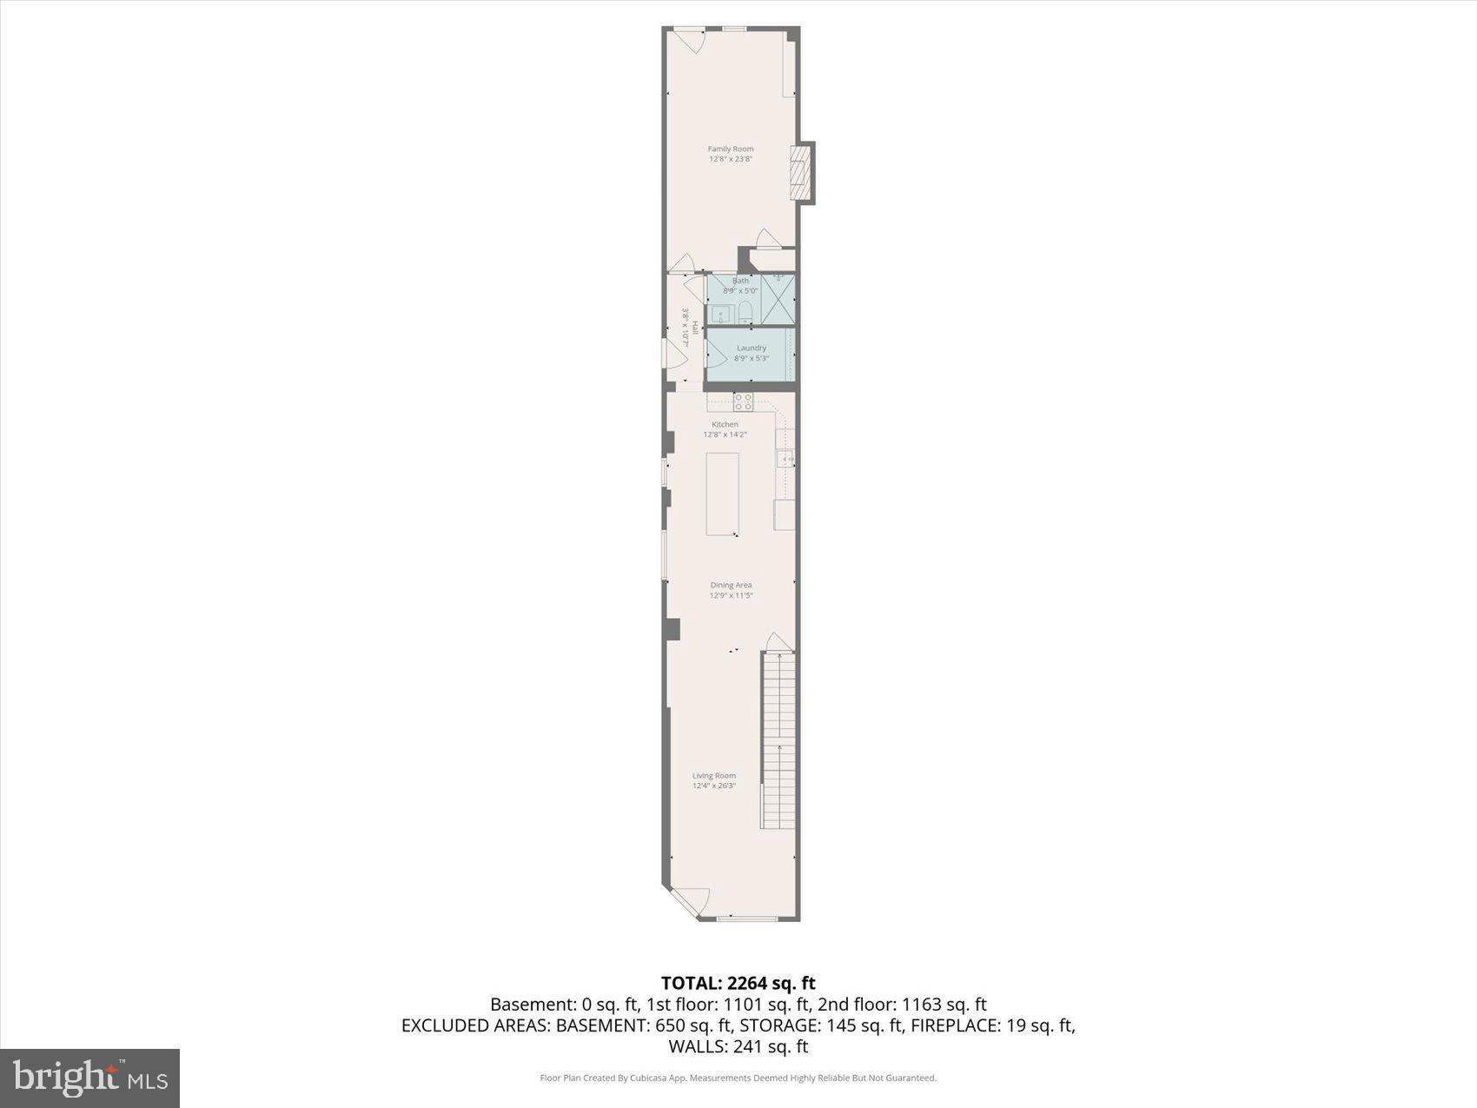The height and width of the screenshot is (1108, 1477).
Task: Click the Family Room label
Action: tap(731, 154)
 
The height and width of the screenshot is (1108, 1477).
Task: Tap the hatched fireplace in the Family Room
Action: tap(799, 173)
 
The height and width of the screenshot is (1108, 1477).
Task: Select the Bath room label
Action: tap(740, 285)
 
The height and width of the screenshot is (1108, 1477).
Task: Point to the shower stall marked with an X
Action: tap(778, 300)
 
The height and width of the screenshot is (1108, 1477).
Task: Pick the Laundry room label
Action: tap(752, 353)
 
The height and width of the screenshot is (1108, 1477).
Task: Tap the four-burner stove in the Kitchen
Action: tap(743, 401)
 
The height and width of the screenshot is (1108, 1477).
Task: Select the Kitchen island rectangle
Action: tap(722, 494)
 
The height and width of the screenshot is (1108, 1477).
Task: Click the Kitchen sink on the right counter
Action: tap(786, 458)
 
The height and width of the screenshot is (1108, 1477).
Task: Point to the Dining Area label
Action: tap(731, 590)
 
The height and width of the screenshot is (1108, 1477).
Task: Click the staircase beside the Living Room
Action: tap(779, 739)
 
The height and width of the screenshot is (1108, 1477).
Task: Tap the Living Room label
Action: tap(714, 780)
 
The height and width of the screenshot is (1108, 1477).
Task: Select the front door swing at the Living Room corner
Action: tap(692, 900)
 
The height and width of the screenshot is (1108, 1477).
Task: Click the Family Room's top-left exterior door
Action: tap(688, 39)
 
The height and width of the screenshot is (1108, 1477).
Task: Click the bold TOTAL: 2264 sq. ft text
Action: tap(738, 983)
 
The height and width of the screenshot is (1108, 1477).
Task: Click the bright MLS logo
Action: tap(90, 1078)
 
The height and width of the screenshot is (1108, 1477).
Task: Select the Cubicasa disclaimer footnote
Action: tap(738, 1078)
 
